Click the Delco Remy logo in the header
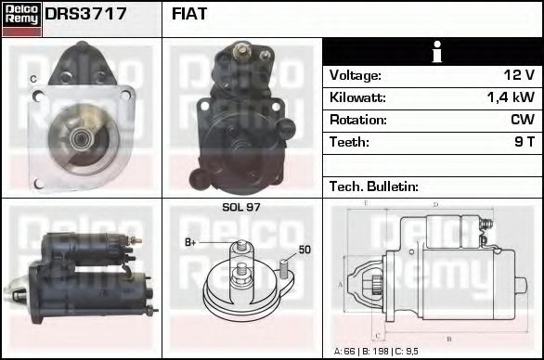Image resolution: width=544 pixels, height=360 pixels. click(21, 18)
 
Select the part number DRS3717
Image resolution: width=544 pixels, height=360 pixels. click(86, 15)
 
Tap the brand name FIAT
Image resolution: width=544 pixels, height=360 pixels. click(190, 15)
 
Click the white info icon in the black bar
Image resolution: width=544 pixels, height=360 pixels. click(432, 52)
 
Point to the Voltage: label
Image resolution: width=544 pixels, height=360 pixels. click(356, 75)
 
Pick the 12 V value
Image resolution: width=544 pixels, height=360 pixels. click(518, 75)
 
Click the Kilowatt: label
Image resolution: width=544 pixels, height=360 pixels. click(357, 97)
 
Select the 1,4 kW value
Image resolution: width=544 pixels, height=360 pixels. click(511, 97)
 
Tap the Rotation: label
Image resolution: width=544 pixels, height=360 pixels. click(357, 120)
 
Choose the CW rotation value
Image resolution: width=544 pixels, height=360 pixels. click(523, 120)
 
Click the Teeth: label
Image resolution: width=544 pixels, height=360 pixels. click(349, 142)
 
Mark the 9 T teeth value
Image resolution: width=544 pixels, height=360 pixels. click(524, 142)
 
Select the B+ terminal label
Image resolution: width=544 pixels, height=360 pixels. click(191, 243)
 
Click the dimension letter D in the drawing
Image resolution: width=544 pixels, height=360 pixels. click(435, 205)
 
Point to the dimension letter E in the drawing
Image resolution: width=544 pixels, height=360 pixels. click(366, 203)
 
